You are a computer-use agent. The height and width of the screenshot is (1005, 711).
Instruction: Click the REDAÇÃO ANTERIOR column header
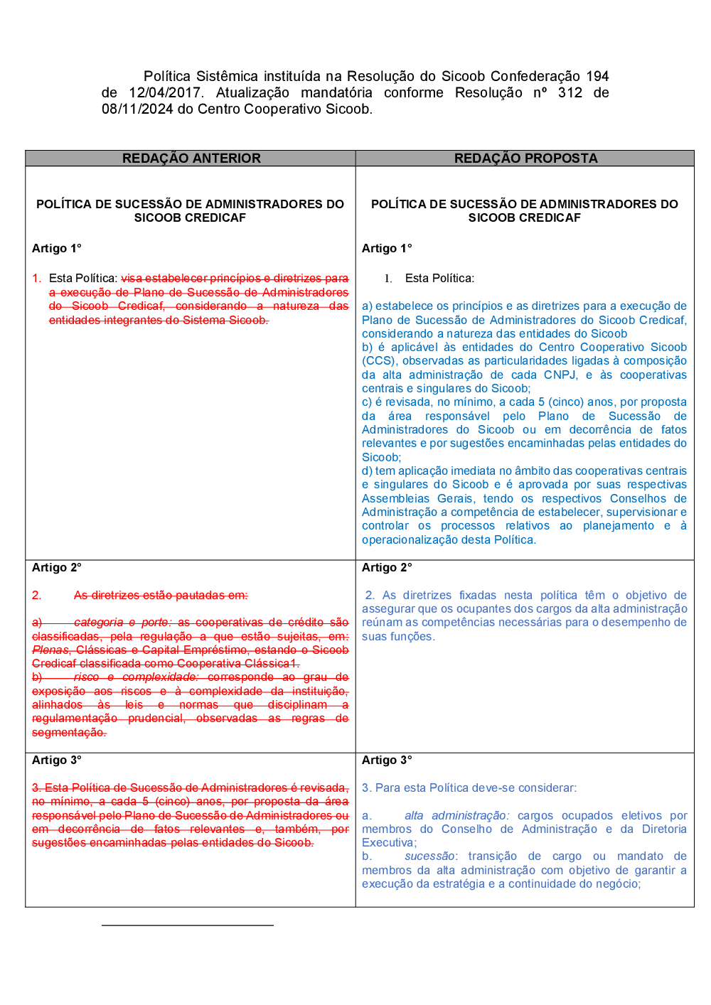tap(191, 158)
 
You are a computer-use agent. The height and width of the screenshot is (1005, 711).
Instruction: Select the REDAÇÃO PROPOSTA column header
tap(525, 158)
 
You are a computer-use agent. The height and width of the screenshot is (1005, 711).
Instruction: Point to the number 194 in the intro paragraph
tap(597, 76)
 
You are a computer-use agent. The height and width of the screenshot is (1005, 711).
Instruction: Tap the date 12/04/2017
tap(166, 92)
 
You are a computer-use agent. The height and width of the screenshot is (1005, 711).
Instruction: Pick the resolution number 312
tap(570, 92)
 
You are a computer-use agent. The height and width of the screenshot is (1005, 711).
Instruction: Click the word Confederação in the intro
tap(535, 76)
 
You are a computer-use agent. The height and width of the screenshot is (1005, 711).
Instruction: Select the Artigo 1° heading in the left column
tap(57, 248)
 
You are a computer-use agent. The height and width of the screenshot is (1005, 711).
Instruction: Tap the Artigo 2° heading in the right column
tap(387, 567)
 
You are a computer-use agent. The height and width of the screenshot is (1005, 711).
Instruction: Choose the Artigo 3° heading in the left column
tap(57, 760)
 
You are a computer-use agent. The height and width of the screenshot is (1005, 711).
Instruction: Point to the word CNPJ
tap(560, 375)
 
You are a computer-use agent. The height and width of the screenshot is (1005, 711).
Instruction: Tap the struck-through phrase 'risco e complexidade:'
tap(135, 677)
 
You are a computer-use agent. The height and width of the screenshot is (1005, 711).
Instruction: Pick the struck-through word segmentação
tap(69, 732)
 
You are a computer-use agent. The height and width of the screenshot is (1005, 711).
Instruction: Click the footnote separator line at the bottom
tap(187, 925)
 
